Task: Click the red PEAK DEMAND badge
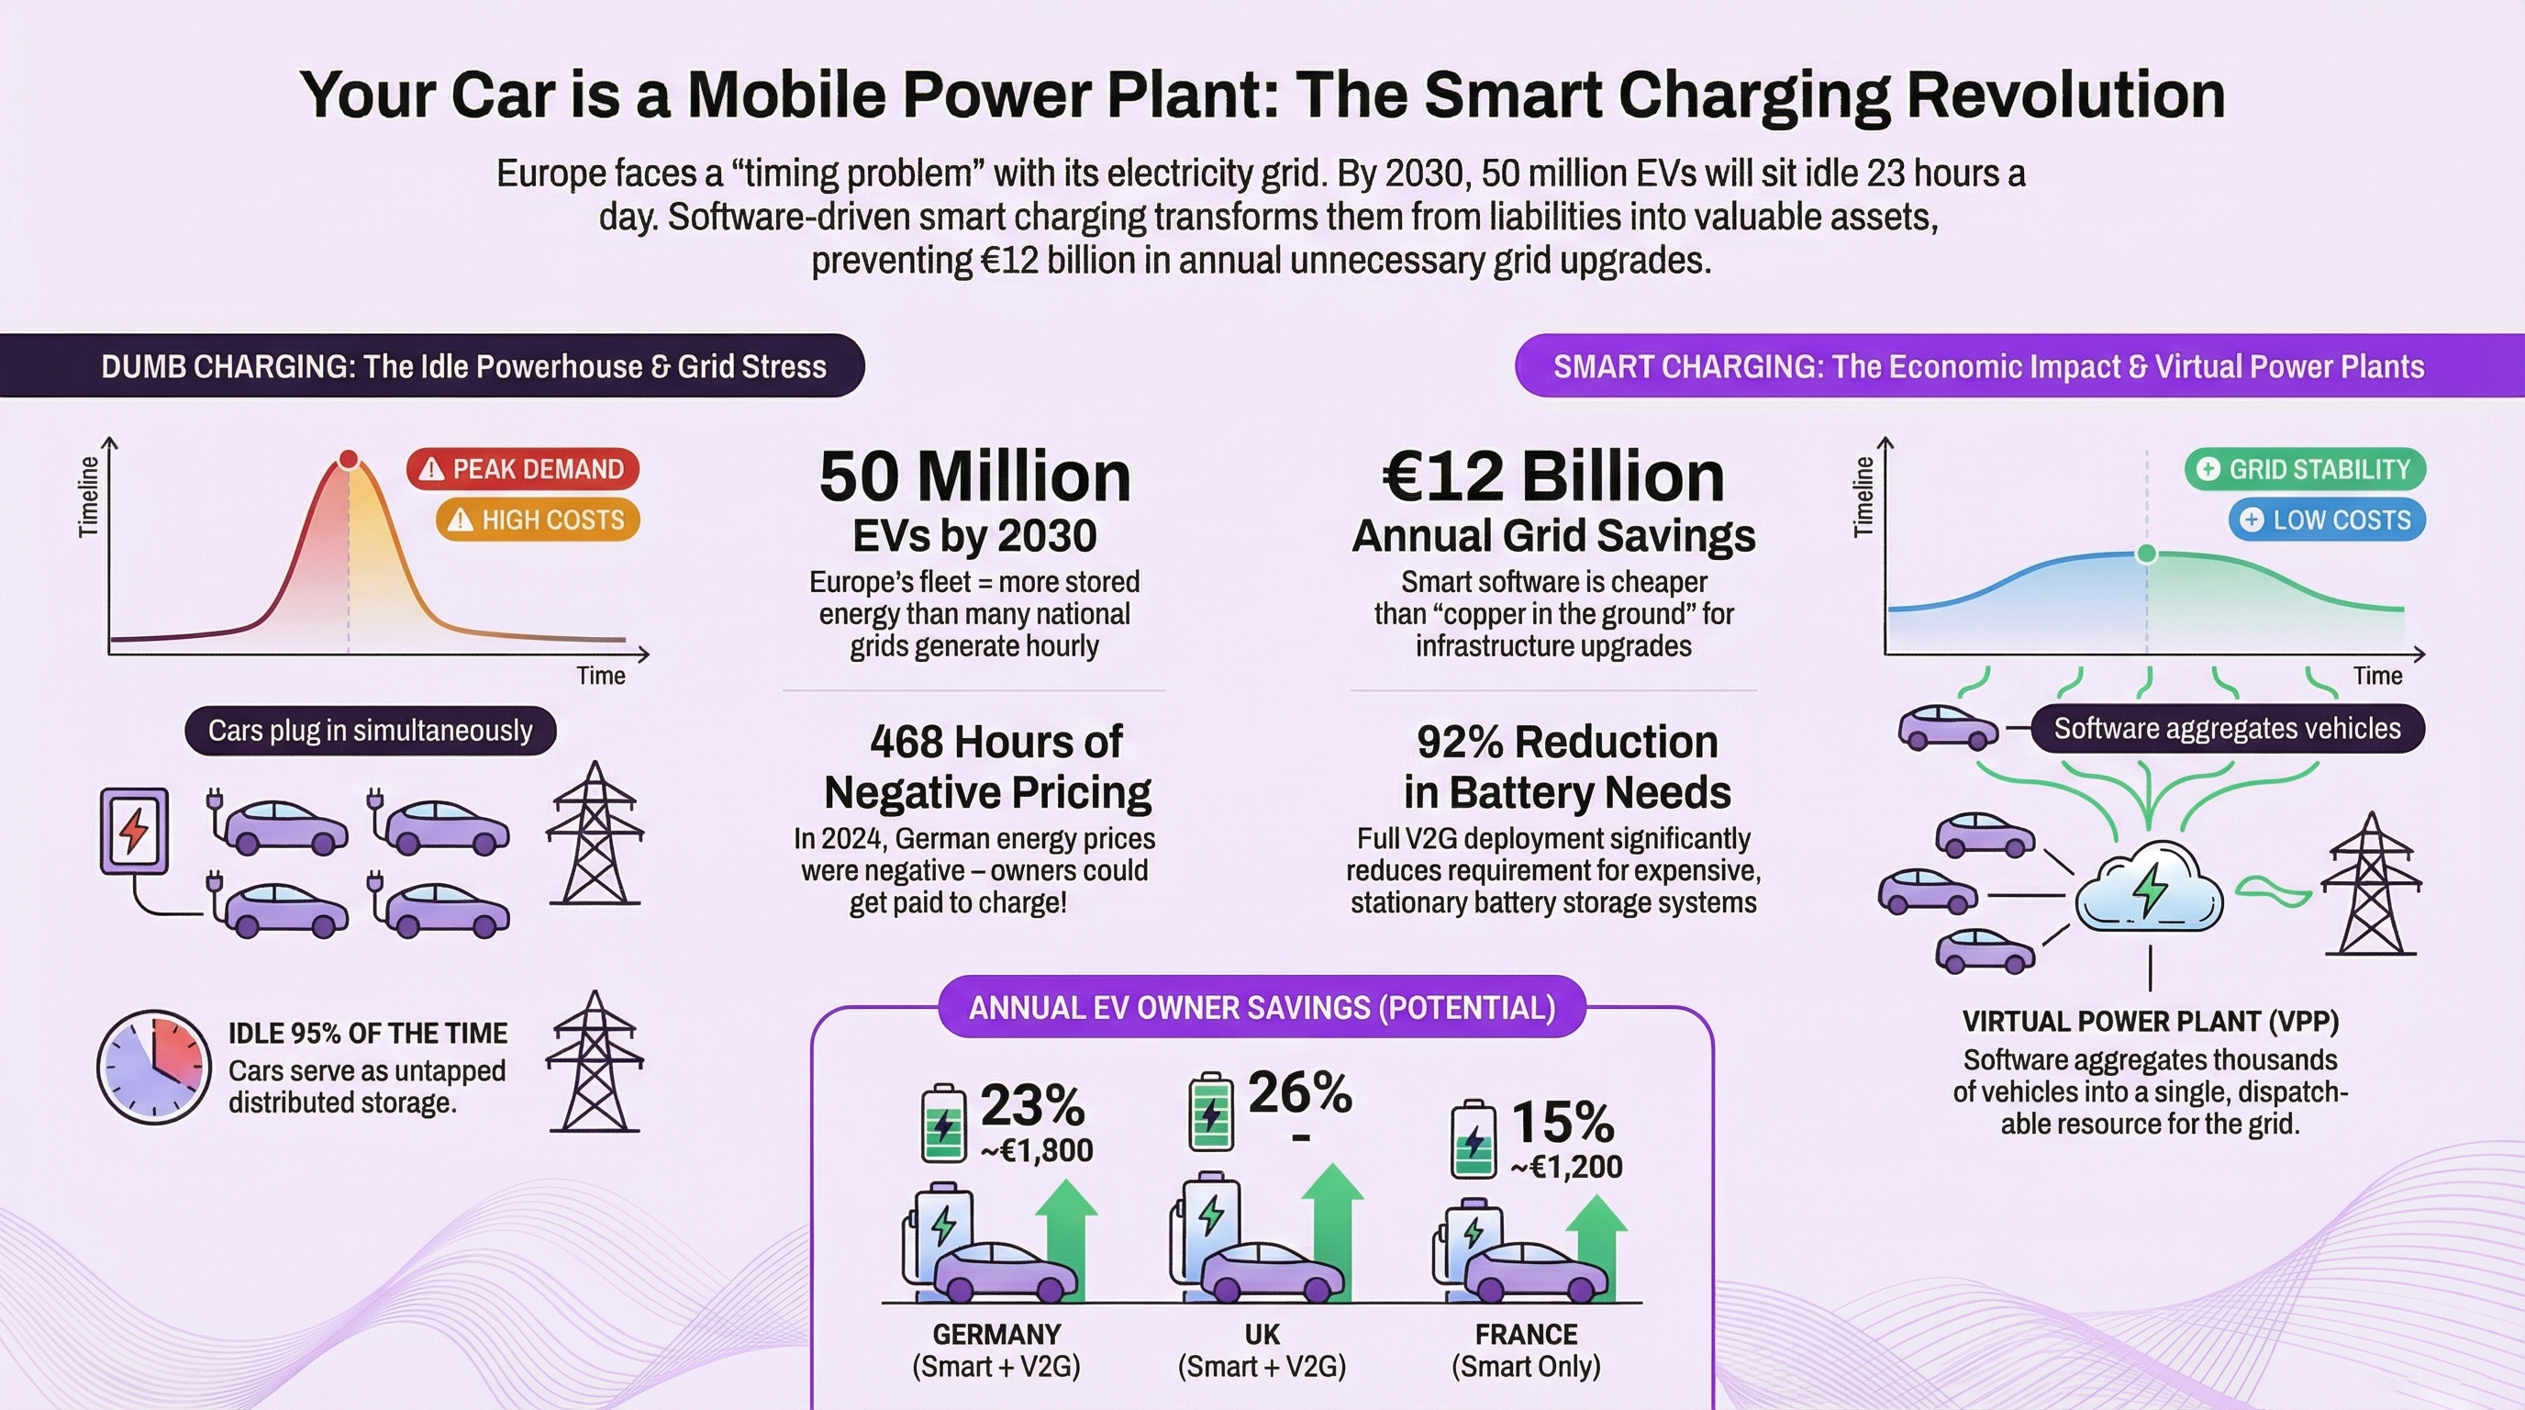point(522,469)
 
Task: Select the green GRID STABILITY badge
point(2305,469)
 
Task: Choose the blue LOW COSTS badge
point(2327,520)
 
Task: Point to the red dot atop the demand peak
point(348,459)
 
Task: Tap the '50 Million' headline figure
point(974,477)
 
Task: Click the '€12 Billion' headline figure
point(1552,477)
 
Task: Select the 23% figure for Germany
point(1032,1105)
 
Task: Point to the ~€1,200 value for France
point(1565,1167)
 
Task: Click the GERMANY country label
point(996,1335)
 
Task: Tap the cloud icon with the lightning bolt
point(2149,888)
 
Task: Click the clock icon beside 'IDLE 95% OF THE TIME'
point(154,1067)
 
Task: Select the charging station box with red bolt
point(134,831)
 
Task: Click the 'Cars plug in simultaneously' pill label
point(371,731)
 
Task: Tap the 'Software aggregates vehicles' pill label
point(2227,729)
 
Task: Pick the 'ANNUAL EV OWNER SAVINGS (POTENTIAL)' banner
point(1262,1008)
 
